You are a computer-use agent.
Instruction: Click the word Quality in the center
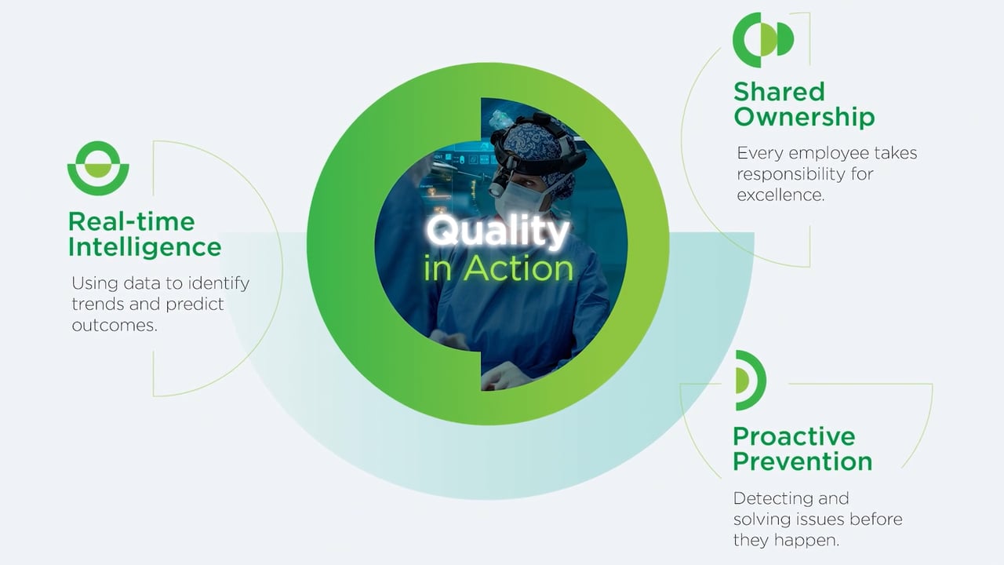pos(497,232)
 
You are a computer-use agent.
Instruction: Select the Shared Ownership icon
pos(762,39)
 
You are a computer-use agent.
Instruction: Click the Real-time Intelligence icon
pos(98,168)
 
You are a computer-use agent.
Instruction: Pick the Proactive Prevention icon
pos(750,380)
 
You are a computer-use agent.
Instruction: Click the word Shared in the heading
pos(779,92)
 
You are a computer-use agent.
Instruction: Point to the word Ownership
pos(804,118)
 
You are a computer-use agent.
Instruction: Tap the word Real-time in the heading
pos(131,221)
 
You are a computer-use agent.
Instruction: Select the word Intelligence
pos(144,247)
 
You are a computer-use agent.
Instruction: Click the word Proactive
pos(794,436)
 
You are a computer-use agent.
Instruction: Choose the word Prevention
pos(802,461)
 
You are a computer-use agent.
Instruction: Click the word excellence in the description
pos(780,195)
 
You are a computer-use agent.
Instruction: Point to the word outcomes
pos(115,325)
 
